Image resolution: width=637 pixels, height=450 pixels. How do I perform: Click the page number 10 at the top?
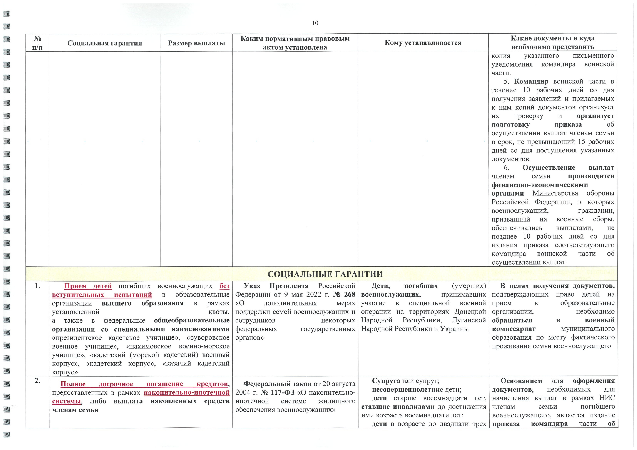(315, 23)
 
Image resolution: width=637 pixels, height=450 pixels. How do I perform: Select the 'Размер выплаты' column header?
(196, 43)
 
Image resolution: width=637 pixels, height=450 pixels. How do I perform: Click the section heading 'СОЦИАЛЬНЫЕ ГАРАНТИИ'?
(325, 274)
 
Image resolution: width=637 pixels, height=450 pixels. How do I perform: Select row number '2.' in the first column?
(37, 381)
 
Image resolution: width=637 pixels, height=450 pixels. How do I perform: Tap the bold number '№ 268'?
(344, 294)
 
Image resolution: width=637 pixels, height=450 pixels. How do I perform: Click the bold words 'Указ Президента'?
(276, 286)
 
